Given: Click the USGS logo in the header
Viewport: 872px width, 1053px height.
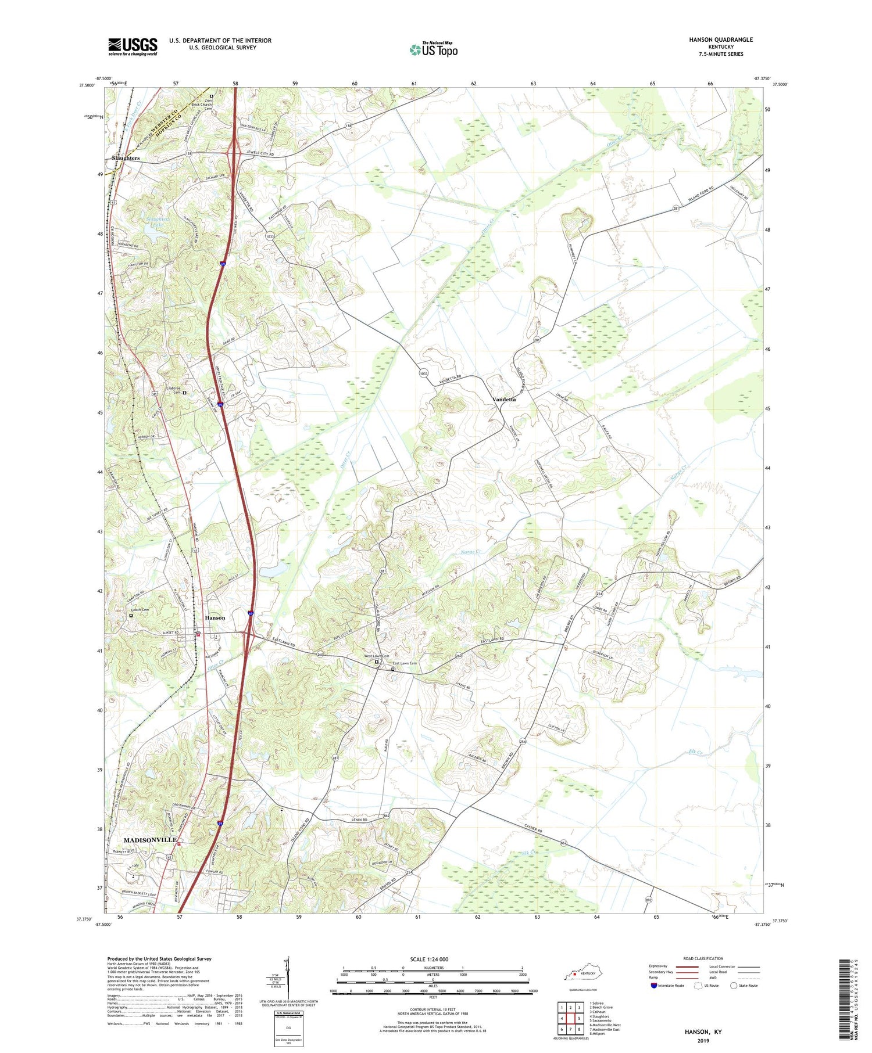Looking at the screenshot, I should point(133,46).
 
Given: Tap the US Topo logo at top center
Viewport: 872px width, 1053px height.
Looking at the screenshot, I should point(434,50).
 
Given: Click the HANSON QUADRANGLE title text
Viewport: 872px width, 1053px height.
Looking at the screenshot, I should point(721,39).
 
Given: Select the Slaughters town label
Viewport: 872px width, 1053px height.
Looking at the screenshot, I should point(126,158).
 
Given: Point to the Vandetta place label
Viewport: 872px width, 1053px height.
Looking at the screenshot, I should point(504,400).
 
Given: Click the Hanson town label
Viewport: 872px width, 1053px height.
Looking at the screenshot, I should point(215,617).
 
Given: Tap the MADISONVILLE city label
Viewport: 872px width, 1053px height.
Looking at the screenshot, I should point(149,840).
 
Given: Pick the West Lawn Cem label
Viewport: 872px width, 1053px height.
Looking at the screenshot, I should point(376,656).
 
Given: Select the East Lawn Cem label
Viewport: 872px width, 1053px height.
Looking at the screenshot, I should point(405,663).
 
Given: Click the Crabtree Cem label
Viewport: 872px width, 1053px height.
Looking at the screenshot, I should point(174,390).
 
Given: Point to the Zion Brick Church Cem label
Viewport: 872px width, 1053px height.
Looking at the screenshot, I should point(200,105).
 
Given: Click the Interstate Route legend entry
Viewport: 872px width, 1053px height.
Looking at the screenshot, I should point(671,986).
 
